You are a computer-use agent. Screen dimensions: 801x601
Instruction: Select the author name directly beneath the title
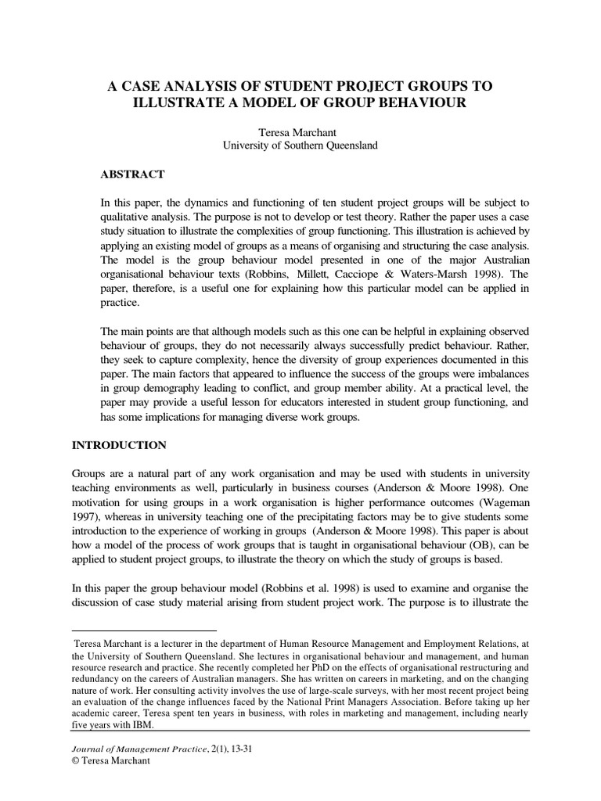coord(300,133)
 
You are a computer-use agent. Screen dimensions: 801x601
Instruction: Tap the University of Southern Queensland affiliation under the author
coord(300,145)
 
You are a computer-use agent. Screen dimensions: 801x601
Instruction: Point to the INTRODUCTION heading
coord(119,444)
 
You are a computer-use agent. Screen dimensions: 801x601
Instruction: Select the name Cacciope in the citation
coord(367,275)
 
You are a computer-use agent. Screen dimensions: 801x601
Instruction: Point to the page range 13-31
coord(246,749)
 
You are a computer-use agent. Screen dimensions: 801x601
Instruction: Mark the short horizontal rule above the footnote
coord(143,629)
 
